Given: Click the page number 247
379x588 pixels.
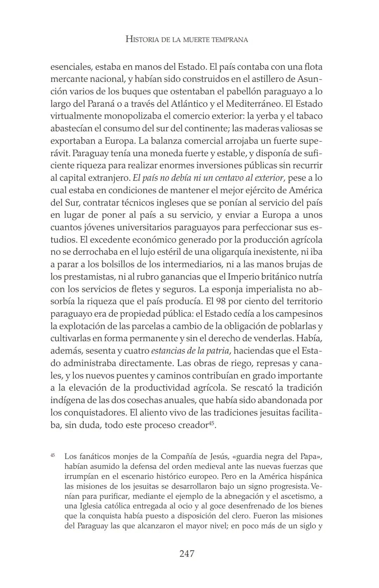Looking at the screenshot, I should pos(187,554).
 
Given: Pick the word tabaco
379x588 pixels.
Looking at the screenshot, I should pos(309,116).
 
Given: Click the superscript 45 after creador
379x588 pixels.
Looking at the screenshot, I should pos(211,423).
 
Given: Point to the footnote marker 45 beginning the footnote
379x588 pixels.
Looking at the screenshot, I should pos(53,455).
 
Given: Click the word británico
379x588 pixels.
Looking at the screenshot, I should pos(279,277).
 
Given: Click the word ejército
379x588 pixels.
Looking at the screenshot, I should pos(255,190).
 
